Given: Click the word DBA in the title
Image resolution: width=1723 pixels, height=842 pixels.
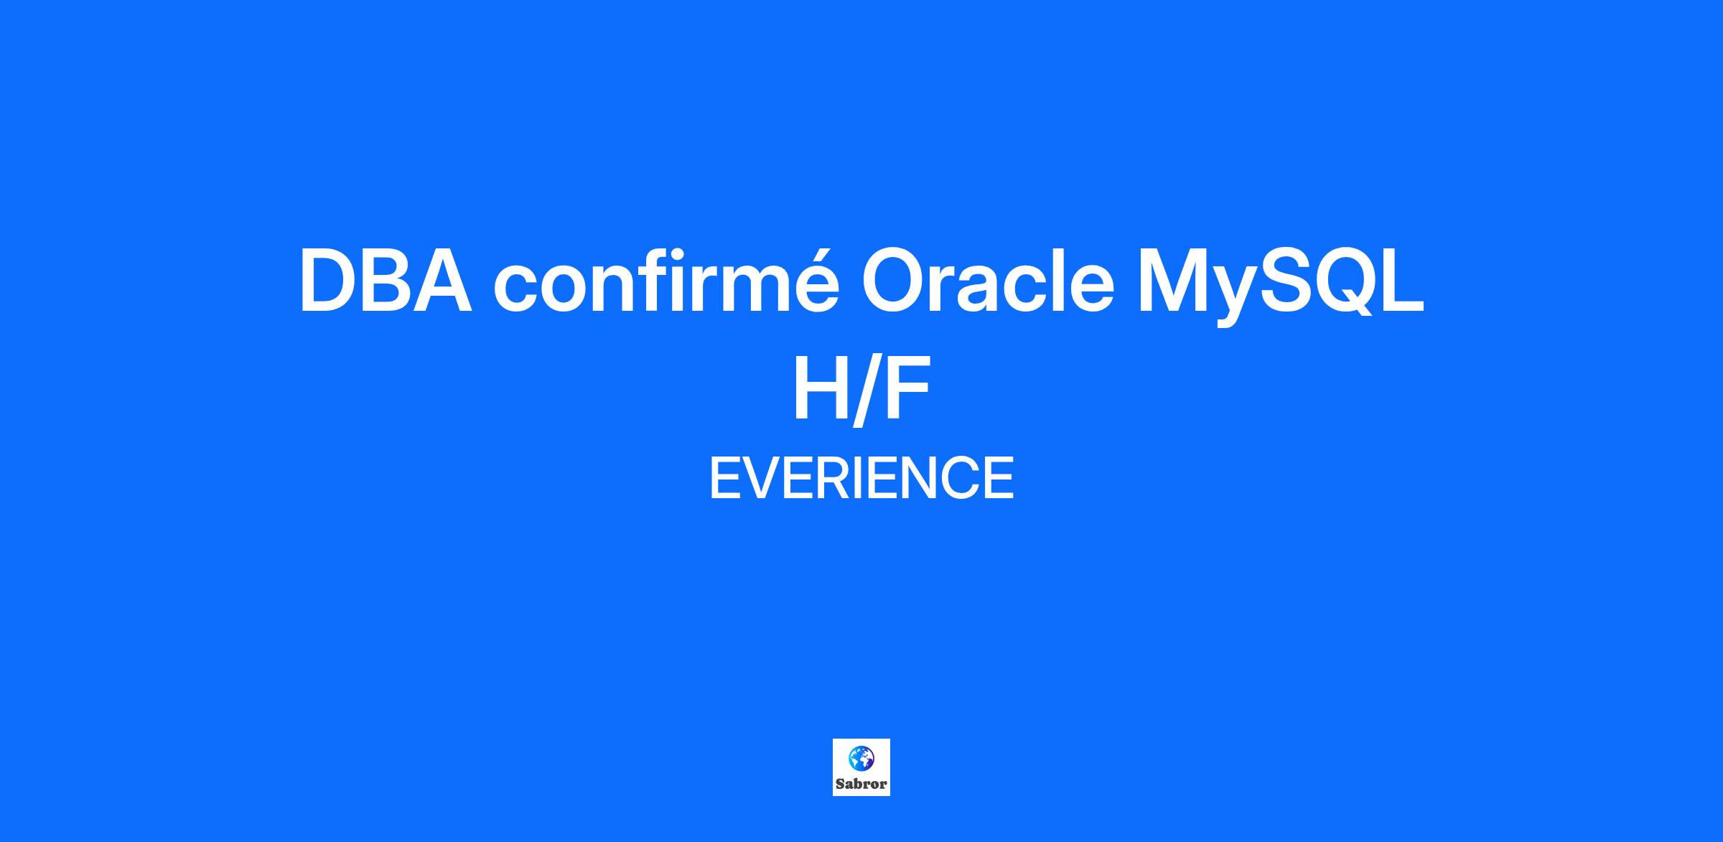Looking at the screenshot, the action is click(x=386, y=281).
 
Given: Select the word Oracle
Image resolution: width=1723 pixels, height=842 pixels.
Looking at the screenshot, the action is click(x=988, y=279).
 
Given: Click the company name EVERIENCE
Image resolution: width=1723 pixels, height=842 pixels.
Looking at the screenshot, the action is click(x=861, y=478).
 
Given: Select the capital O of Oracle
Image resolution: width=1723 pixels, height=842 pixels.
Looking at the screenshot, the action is click(x=894, y=281).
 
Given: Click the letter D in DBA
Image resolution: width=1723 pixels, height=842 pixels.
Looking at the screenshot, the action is click(x=330, y=281).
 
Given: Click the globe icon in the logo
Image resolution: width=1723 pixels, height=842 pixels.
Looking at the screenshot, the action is click(x=861, y=758).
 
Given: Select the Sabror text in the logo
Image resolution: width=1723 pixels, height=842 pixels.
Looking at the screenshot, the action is click(x=861, y=783).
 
